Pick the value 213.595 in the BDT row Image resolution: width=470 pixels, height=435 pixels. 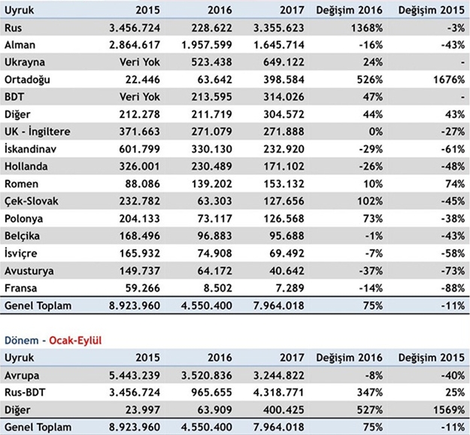tap(203, 97)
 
